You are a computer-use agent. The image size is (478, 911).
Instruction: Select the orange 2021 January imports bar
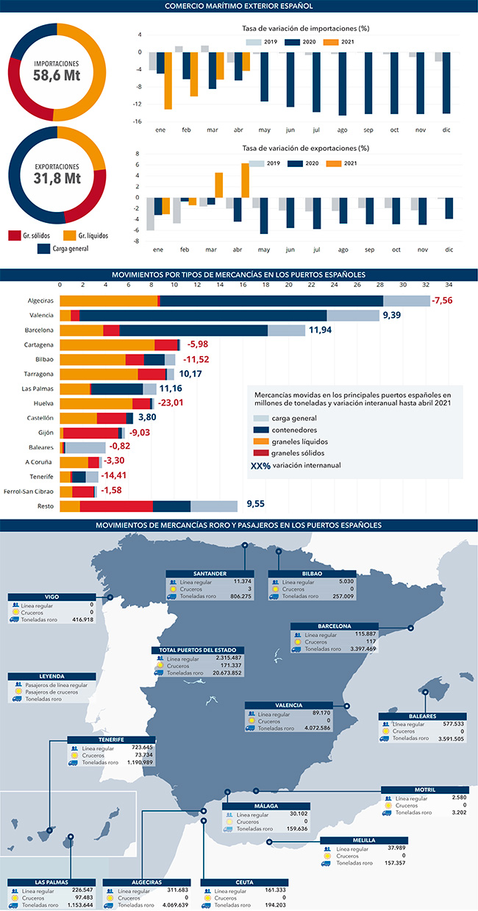(168, 80)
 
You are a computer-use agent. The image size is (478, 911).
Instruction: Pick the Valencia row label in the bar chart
(40, 316)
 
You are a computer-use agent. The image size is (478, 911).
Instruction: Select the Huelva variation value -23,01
(169, 403)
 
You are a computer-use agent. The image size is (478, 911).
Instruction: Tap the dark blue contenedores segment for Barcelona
(193, 330)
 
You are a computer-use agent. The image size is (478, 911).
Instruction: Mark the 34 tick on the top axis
(449, 285)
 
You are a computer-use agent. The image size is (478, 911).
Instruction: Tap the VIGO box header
(51, 598)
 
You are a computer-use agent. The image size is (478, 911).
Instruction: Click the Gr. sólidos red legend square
(14, 235)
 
